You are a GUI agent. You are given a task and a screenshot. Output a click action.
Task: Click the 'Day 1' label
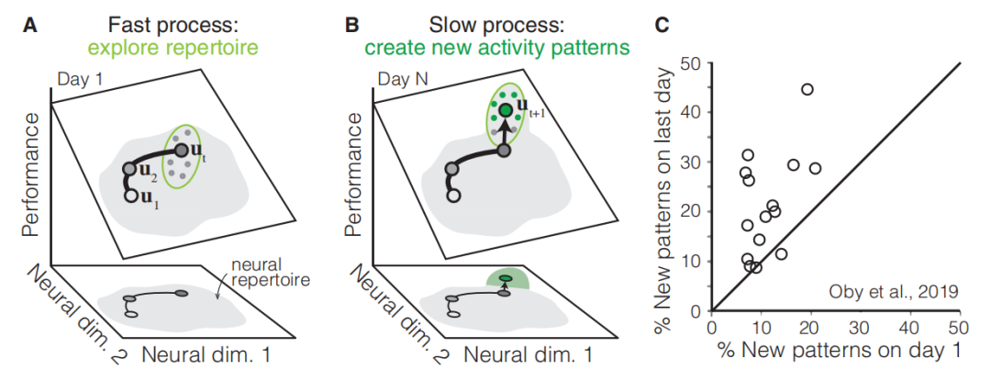[79, 82]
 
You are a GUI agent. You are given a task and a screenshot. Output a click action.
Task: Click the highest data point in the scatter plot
[807, 89]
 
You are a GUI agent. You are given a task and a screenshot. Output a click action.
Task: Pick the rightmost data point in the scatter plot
[815, 168]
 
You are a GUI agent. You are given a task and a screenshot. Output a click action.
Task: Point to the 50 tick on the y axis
[696, 63]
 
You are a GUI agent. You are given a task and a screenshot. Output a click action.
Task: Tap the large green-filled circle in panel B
[506, 111]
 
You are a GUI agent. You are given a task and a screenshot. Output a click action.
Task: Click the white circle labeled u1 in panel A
[131, 196]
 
